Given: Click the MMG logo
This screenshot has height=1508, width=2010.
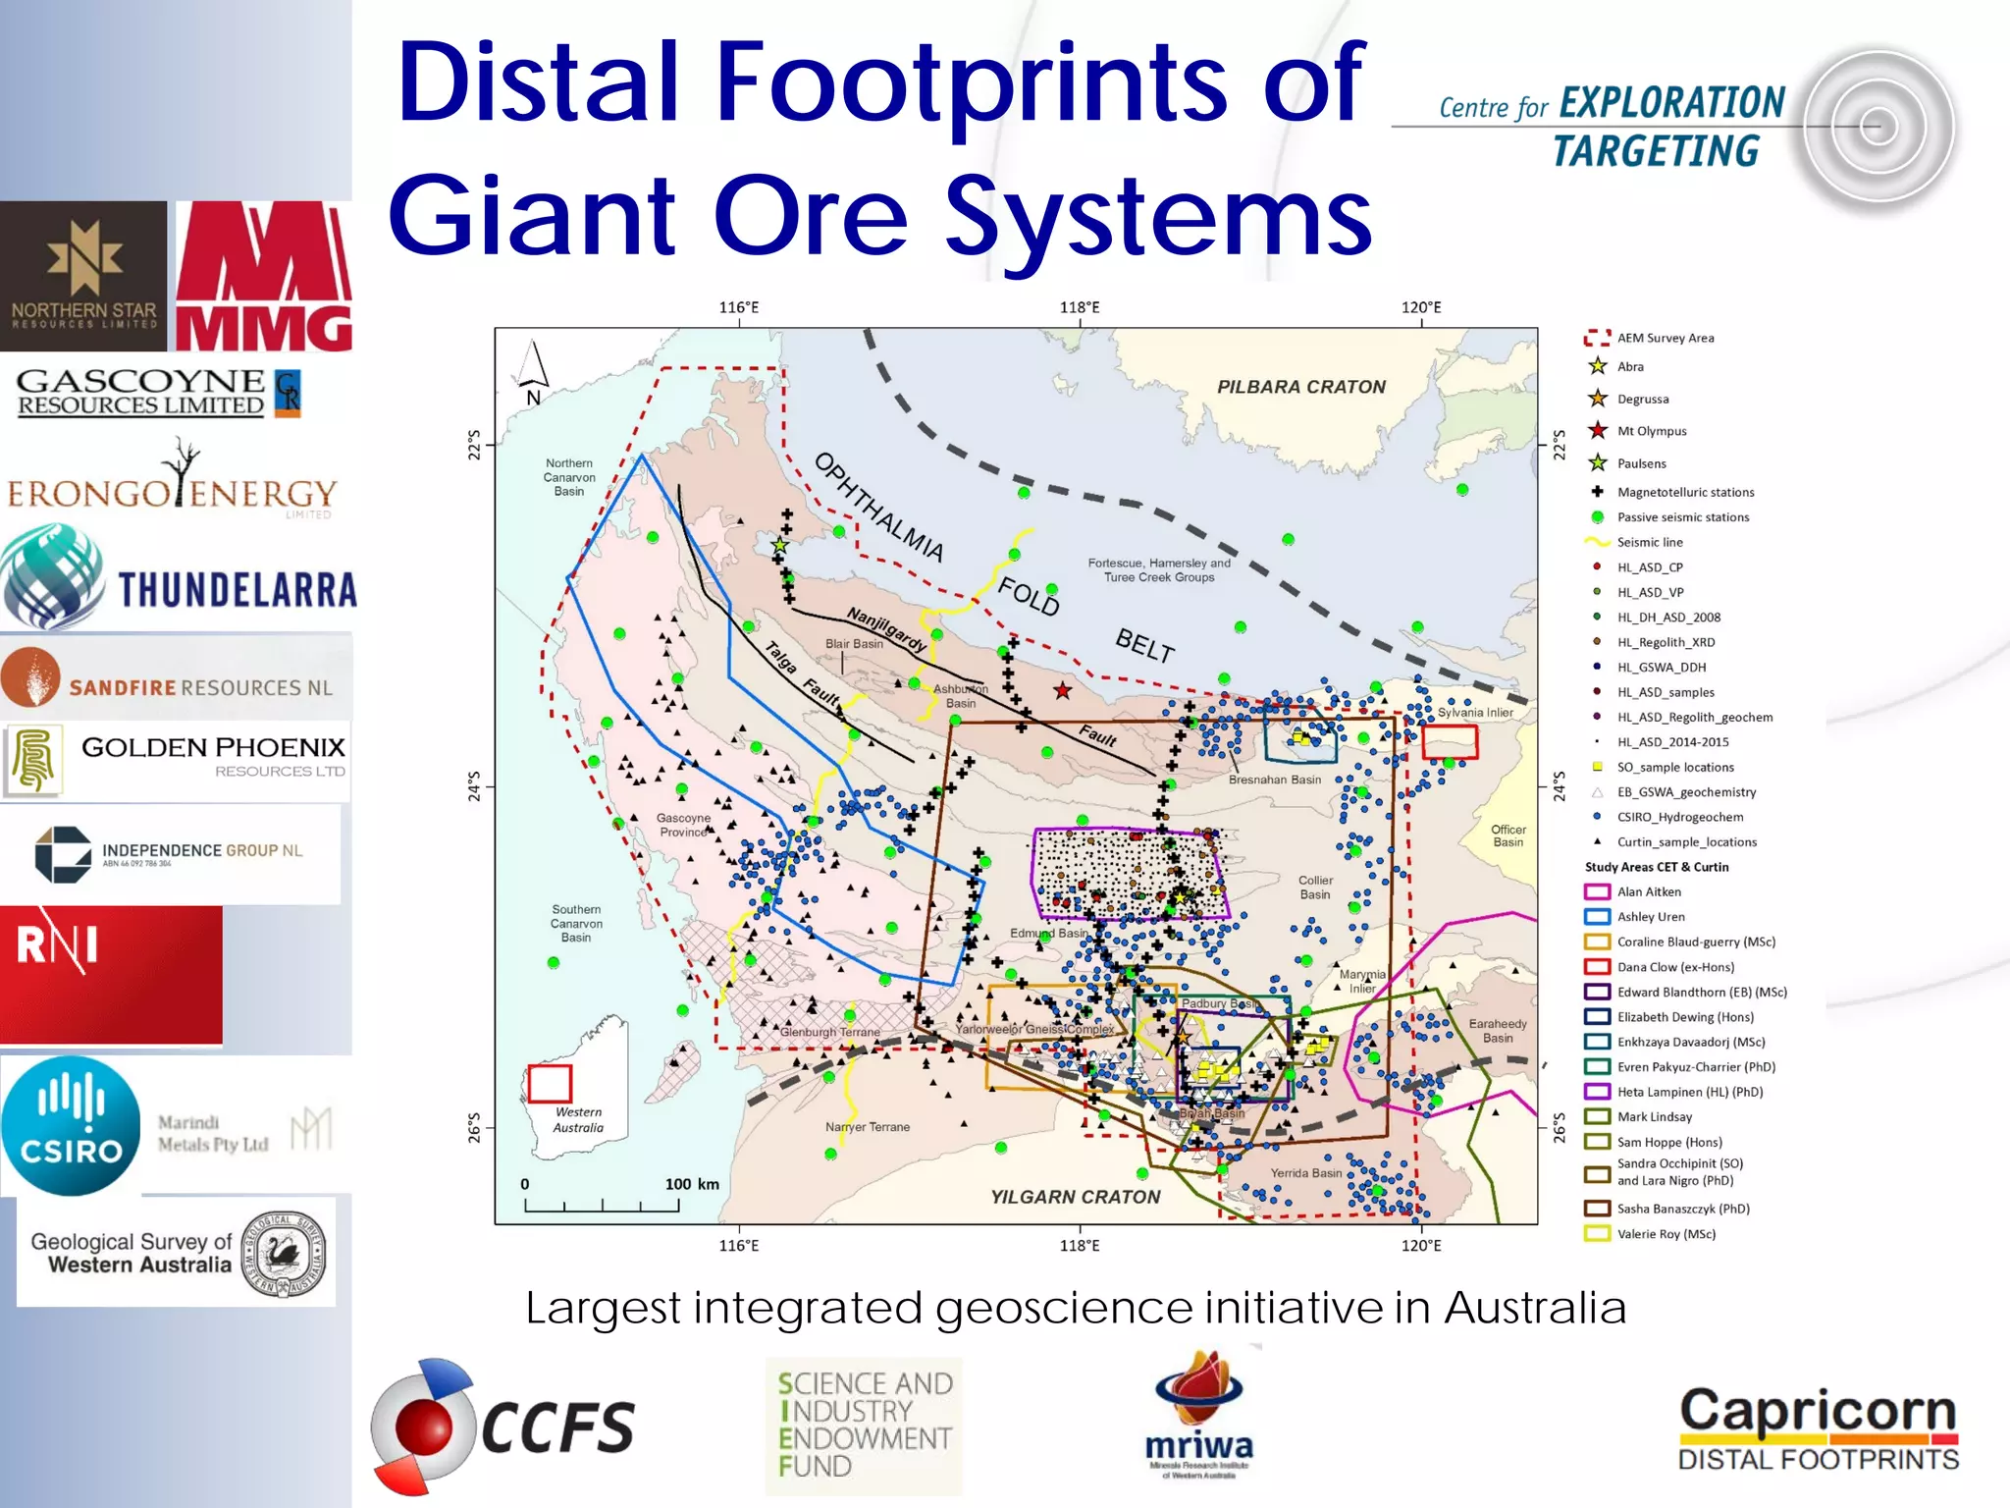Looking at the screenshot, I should pyautogui.click(x=263, y=277).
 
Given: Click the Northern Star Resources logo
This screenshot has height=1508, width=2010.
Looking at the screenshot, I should pyautogui.click(x=83, y=276).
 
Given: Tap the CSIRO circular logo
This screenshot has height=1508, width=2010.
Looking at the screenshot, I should pyautogui.click(x=71, y=1126).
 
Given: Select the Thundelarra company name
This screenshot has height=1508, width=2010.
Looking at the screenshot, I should pyautogui.click(x=238, y=590).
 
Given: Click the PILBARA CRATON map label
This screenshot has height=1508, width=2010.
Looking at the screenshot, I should pyautogui.click(x=1300, y=387).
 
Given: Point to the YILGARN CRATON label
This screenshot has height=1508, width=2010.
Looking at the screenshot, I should pyautogui.click(x=1075, y=1197).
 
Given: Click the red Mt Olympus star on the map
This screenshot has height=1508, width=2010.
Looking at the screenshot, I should pyautogui.click(x=1063, y=691).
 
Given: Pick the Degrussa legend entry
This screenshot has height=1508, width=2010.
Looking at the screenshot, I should pyautogui.click(x=1642, y=399).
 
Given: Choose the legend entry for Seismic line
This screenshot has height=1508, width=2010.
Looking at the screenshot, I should pyautogui.click(x=1649, y=542).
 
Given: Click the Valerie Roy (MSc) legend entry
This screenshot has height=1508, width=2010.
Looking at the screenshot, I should pyautogui.click(x=1666, y=1234).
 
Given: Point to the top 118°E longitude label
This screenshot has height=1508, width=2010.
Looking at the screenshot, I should pyautogui.click(x=1079, y=307).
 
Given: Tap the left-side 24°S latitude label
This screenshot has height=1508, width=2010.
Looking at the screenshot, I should pyautogui.click(x=475, y=785).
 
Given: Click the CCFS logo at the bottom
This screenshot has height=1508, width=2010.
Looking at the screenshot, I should pyautogui.click(x=502, y=1426).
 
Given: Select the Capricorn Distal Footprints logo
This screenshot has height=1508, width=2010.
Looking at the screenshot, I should pyautogui.click(x=1818, y=1428).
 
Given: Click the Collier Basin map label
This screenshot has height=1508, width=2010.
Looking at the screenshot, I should pyautogui.click(x=1315, y=887).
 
